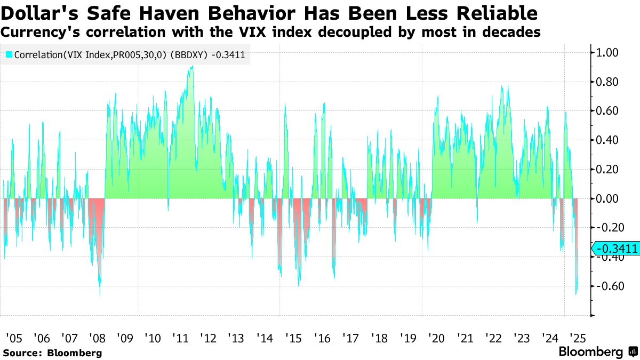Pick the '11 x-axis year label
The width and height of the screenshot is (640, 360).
point(180,338)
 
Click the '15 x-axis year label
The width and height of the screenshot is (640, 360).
point(293,338)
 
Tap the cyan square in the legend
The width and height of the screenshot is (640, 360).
point(9,54)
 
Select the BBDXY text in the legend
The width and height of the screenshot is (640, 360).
point(189,54)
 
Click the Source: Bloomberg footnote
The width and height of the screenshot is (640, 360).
point(52,353)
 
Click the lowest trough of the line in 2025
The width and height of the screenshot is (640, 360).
point(576,294)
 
